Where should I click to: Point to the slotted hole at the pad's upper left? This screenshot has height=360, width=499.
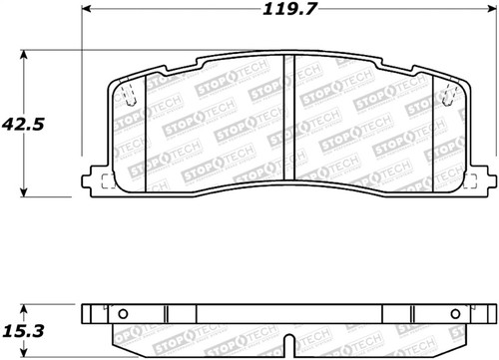point(130,96)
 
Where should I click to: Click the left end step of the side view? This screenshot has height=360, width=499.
point(91,317)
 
